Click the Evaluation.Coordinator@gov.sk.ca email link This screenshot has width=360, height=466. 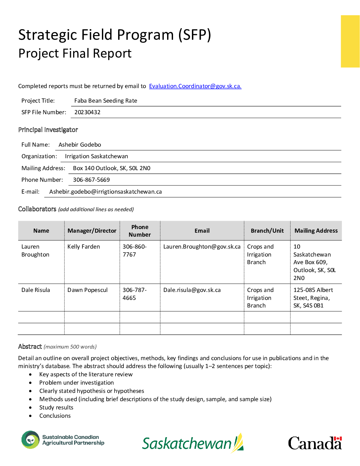pyautogui.click(x=195, y=86)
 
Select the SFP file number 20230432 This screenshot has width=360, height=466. pyautogui.click(x=87, y=112)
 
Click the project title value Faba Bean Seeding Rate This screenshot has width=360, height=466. pyautogui.click(x=106, y=101)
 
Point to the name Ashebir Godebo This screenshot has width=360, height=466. pyautogui.click(x=80, y=145)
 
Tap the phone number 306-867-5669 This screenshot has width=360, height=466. pyautogui.click(x=91, y=180)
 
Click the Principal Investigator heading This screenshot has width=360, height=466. pyautogui.click(x=48, y=130)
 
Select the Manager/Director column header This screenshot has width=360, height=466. pyautogui.click(x=92, y=231)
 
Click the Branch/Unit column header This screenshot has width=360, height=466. pyautogui.click(x=267, y=231)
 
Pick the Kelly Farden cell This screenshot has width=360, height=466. pyautogui.click(x=84, y=247)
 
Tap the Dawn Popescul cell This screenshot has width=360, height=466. pyautogui.click(x=87, y=290)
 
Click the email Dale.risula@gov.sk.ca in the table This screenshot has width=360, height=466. pyautogui.click(x=192, y=290)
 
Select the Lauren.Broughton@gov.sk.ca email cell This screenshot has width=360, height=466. pyautogui.click(x=202, y=247)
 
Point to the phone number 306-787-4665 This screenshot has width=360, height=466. pyautogui.click(x=134, y=294)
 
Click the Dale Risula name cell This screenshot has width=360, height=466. pyautogui.click(x=36, y=290)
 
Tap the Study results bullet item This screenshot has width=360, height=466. pyautogui.click(x=56, y=407)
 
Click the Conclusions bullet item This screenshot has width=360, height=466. pyautogui.click(x=55, y=416)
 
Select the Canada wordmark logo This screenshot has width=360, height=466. pyautogui.click(x=315, y=443)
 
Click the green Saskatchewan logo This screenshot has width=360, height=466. pyautogui.click(x=193, y=443)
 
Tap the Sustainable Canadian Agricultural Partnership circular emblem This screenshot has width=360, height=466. pyautogui.click(x=30, y=440)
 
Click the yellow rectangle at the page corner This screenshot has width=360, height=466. pyautogui.click(x=350, y=41)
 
